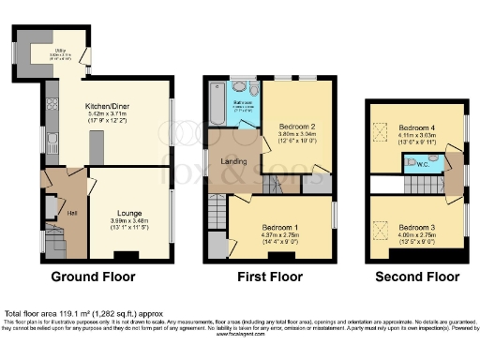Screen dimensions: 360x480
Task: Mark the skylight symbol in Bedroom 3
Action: coord(381,226)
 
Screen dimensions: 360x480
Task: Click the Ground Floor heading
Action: coord(93,277)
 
